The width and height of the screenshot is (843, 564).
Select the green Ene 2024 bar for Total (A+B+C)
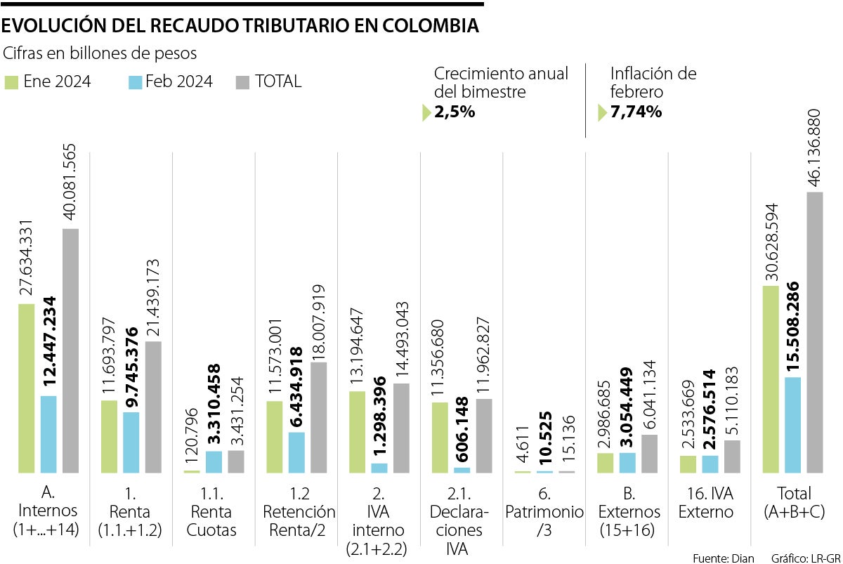[771, 379]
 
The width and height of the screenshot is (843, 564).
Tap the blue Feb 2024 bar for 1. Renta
[131, 442]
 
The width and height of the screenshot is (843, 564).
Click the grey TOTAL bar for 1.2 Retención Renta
[318, 417]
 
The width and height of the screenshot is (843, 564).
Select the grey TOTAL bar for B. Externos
[650, 453]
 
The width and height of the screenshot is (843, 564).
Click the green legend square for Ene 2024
[12, 82]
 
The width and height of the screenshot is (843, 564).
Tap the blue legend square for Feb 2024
[135, 82]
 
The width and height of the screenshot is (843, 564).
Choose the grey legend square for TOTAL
[242, 82]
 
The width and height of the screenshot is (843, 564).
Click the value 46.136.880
[814, 147]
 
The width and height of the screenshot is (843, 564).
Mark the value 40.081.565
[70, 183]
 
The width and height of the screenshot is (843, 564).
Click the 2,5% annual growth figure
[455, 112]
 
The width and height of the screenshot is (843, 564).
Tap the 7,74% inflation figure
[636, 112]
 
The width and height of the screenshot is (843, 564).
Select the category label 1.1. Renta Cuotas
[211, 512]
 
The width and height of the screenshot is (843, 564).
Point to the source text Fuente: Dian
[724, 558]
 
